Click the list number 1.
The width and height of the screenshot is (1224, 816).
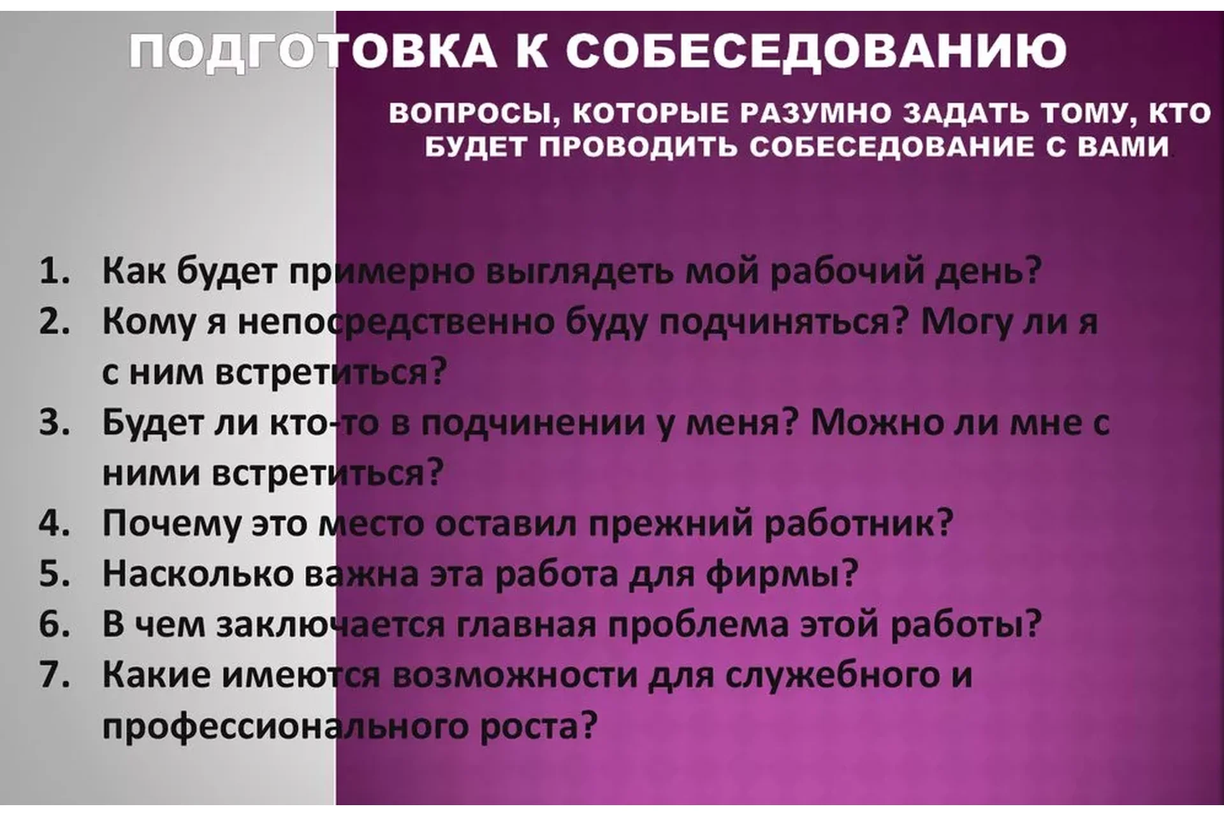tap(54, 271)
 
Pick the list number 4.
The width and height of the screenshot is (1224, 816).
tap(54, 523)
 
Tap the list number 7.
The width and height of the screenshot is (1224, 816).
tap(54, 675)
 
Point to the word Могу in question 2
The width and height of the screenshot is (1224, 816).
tap(966, 322)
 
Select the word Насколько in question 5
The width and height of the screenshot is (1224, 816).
tap(198, 574)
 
